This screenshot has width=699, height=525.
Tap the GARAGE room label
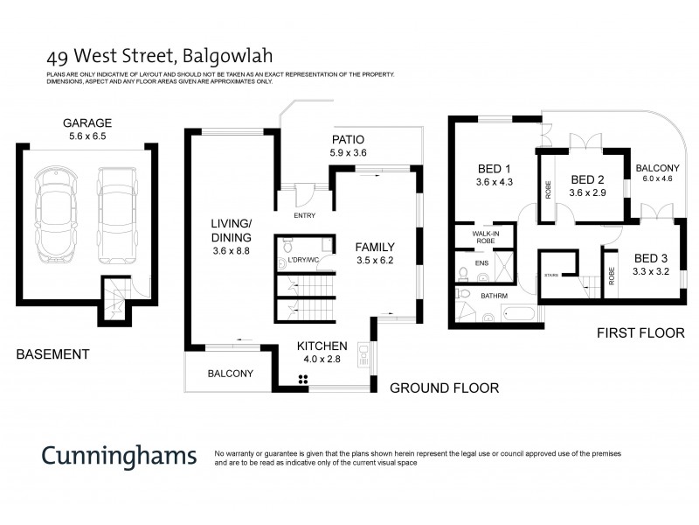(x=87, y=122)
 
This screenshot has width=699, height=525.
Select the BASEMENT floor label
(x=52, y=354)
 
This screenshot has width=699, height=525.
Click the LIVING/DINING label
(x=232, y=230)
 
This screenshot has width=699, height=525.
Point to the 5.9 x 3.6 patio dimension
(x=347, y=153)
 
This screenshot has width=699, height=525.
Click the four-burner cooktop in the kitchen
(x=303, y=379)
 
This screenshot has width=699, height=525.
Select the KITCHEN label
(x=322, y=345)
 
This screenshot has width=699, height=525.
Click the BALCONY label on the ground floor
(x=230, y=374)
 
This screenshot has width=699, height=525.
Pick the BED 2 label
(x=587, y=178)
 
